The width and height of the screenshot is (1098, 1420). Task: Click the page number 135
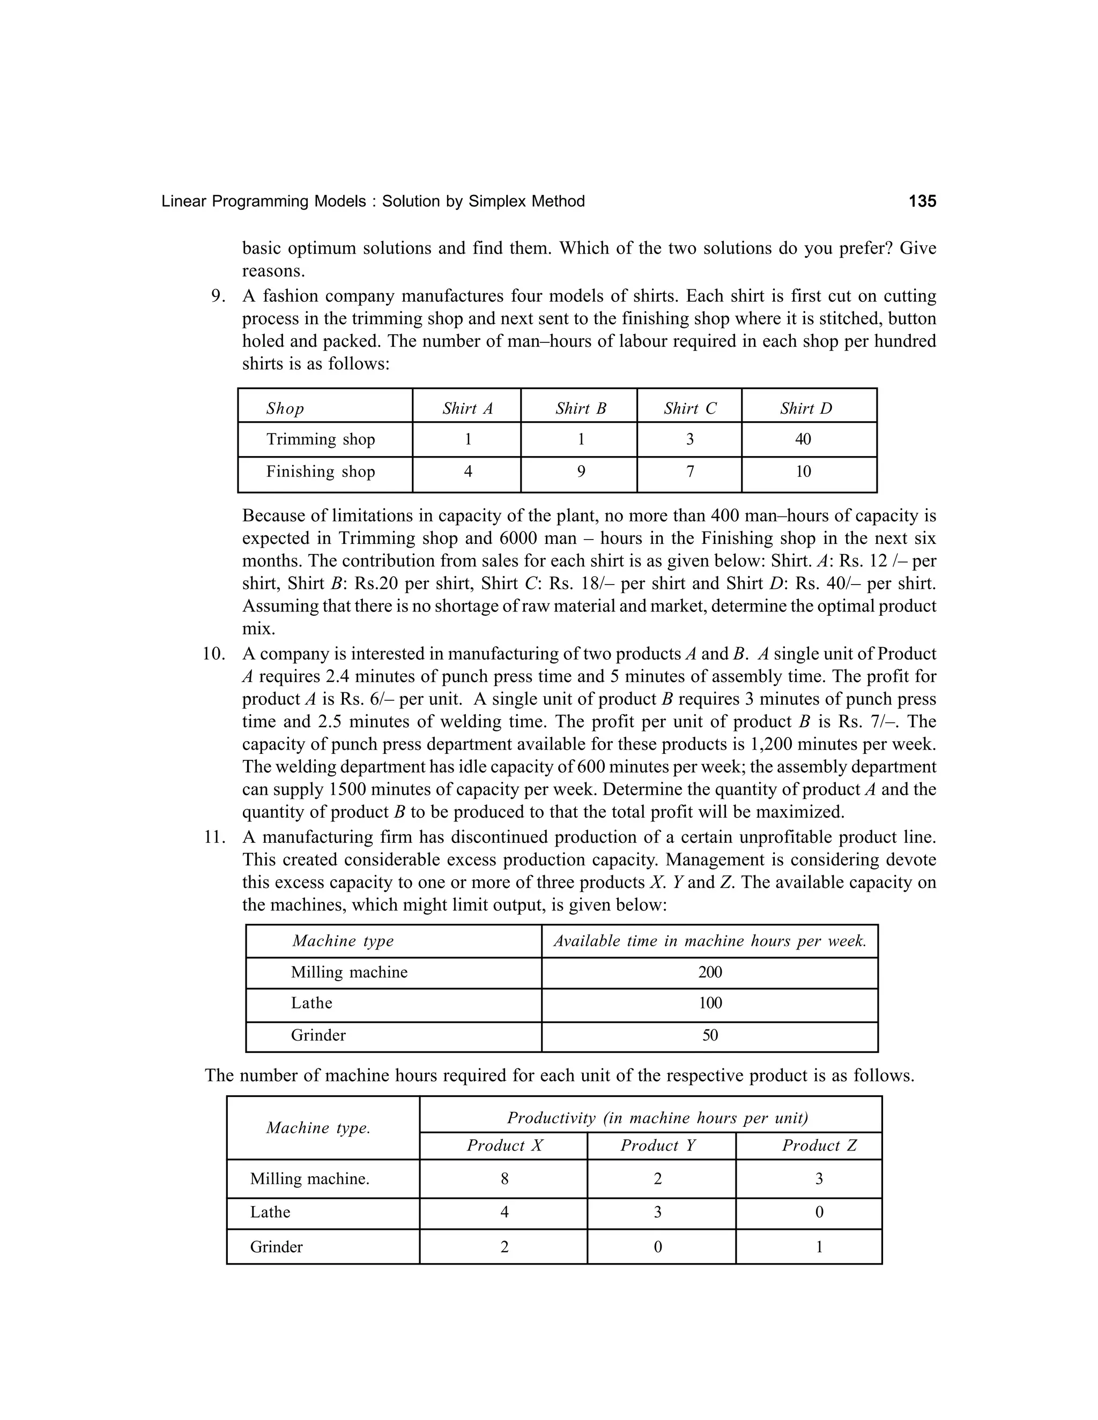click(x=922, y=201)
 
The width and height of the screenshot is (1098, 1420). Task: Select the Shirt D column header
click(x=806, y=408)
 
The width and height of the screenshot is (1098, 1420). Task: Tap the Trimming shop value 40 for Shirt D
click(x=803, y=439)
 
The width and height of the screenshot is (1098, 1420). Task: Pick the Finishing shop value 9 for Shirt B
click(x=581, y=472)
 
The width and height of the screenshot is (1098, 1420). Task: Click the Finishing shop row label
click(x=320, y=472)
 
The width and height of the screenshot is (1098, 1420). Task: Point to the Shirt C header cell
click(x=689, y=408)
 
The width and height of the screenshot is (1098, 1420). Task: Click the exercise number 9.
click(x=219, y=296)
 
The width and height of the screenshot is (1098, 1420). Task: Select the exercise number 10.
click(x=213, y=654)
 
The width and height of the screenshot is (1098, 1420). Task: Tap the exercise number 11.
click(x=213, y=838)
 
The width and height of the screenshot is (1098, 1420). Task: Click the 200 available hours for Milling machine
click(x=710, y=973)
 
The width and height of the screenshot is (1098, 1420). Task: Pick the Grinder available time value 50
click(x=710, y=1036)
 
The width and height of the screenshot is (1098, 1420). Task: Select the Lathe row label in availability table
click(x=311, y=1003)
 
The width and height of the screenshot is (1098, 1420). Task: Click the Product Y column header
click(x=658, y=1146)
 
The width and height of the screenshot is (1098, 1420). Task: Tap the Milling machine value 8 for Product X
click(x=504, y=1179)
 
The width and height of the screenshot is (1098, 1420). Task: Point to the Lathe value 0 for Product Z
click(x=819, y=1213)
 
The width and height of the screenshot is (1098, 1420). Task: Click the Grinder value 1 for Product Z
click(x=819, y=1247)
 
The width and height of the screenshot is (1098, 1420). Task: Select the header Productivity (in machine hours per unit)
click(x=657, y=1118)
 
